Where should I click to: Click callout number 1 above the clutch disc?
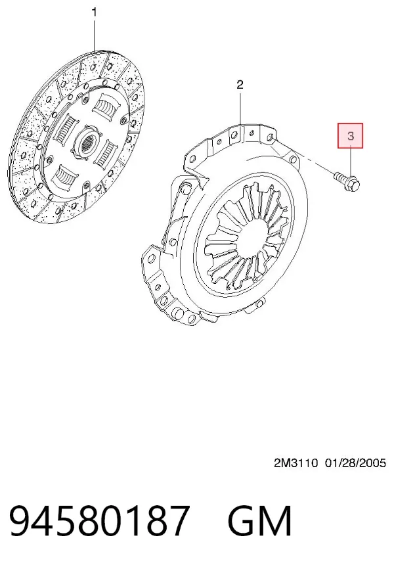click(x=95, y=12)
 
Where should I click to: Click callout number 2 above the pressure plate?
click(x=240, y=85)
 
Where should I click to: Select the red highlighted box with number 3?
click(x=351, y=136)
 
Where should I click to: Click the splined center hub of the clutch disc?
click(x=87, y=143)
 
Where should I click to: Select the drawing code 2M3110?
click(x=295, y=463)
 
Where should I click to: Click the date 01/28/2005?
click(x=355, y=463)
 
